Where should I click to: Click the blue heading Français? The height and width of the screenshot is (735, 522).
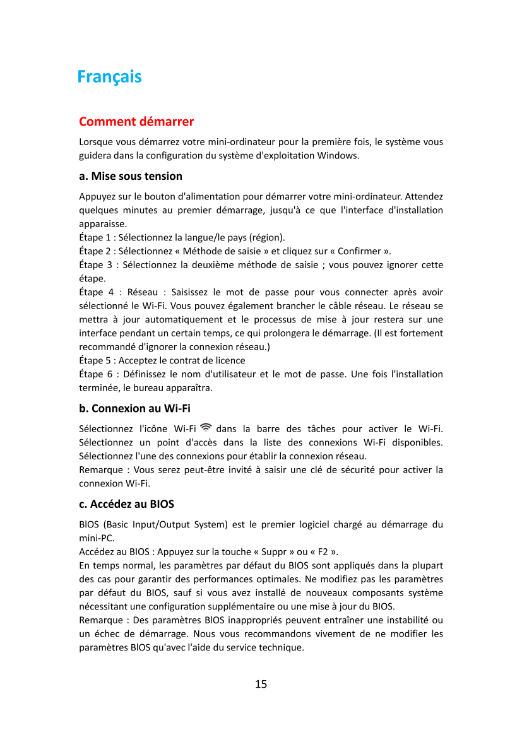(x=109, y=77)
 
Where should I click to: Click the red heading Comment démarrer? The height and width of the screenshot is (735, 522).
(x=136, y=121)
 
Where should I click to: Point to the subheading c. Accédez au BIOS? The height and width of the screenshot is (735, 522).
(x=126, y=504)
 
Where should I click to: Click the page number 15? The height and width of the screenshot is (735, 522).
(x=261, y=684)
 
